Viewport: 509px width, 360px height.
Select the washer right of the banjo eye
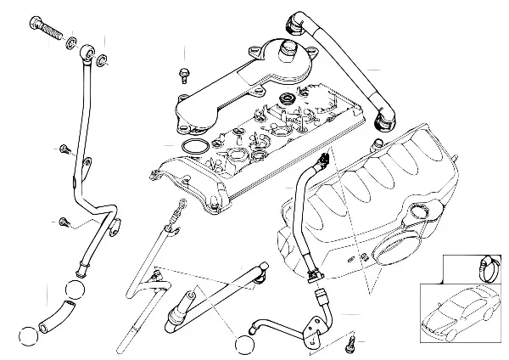[x=102, y=61]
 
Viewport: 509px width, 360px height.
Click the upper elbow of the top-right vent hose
[x=299, y=16]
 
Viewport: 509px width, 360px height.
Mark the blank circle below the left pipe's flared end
[x=76, y=290]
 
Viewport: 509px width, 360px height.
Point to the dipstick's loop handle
[x=180, y=204]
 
